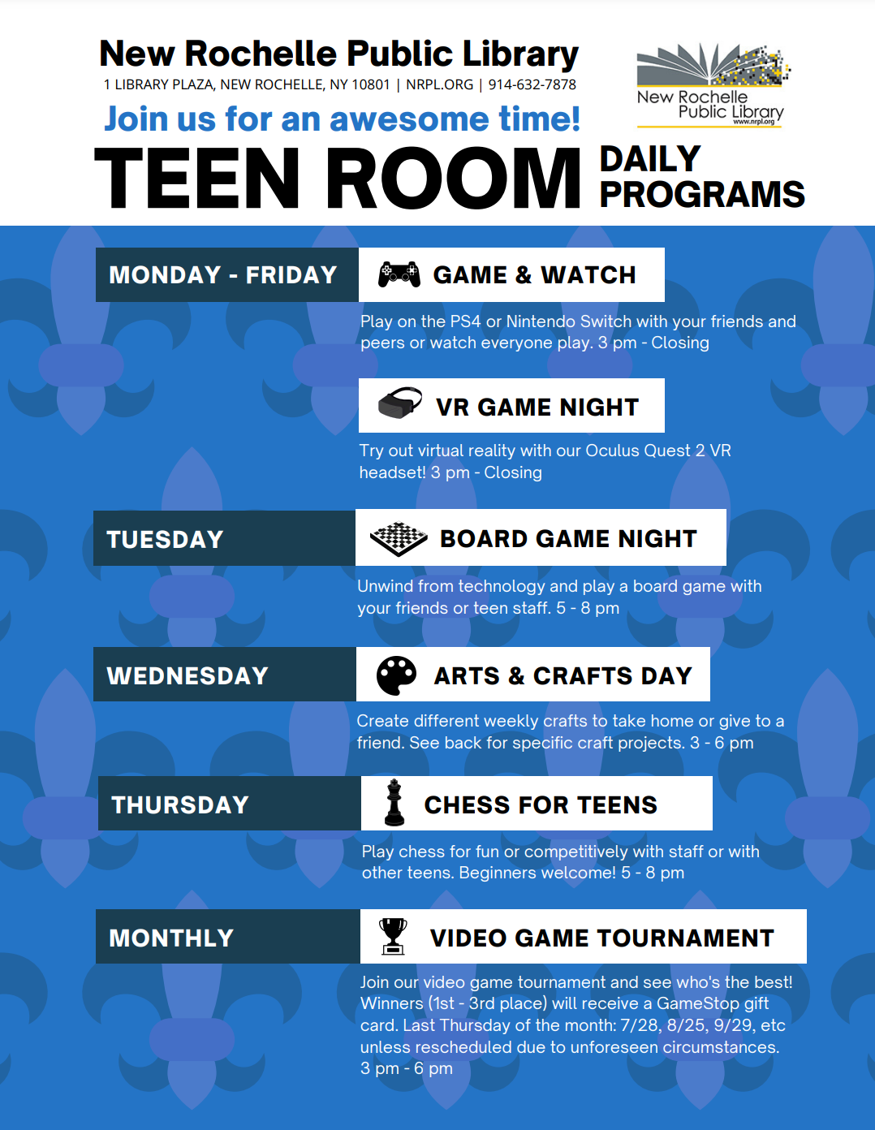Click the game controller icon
coord(399,274)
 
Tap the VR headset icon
coord(400,403)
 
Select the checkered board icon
coord(399,539)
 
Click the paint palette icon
coord(396,675)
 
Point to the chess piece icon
coord(394,802)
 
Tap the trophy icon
coord(393,936)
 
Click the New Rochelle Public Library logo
coord(713,85)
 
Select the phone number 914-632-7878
coord(532,84)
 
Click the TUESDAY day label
coord(165,539)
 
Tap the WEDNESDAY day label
coord(187,675)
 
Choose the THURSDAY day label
coord(180,804)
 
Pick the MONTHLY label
coord(171,938)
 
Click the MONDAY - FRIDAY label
coord(223,274)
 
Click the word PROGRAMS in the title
coord(702,194)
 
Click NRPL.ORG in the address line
coord(439,84)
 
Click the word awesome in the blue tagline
coord(410,119)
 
